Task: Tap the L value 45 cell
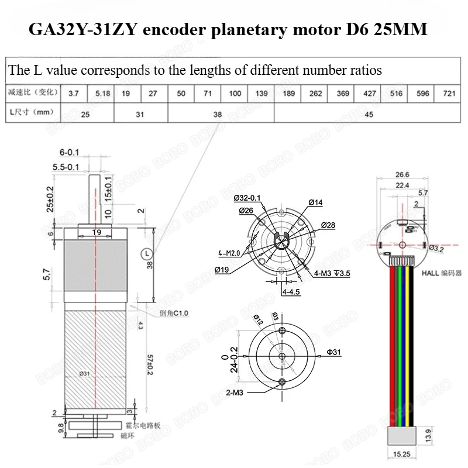click(369, 115)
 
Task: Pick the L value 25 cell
click(85, 115)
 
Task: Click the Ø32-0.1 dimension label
click(246, 198)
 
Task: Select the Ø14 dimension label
click(315, 202)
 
